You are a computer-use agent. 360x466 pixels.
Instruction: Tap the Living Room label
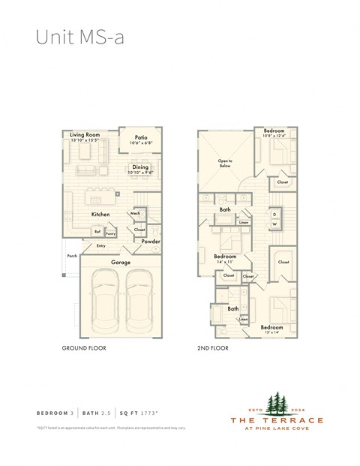point(85,135)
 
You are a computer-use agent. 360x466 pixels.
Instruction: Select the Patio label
point(141,137)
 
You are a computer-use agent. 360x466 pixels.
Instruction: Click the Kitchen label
point(100,215)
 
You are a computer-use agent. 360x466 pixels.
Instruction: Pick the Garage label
point(121,263)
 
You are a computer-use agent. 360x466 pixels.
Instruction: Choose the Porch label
point(72,256)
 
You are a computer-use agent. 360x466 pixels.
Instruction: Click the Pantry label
point(110,233)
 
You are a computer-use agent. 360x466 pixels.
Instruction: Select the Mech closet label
point(136,213)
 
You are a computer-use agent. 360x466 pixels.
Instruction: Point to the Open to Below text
point(225,162)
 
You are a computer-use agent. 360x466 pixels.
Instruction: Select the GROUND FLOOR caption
point(83,350)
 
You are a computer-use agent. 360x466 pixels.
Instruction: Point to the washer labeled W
point(274,224)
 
